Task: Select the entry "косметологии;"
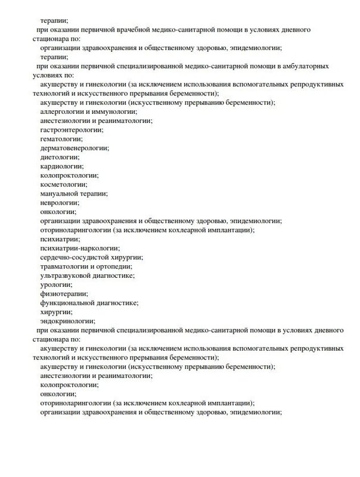point(64,184)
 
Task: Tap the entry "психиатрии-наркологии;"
point(79,247)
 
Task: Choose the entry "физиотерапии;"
point(64,293)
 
